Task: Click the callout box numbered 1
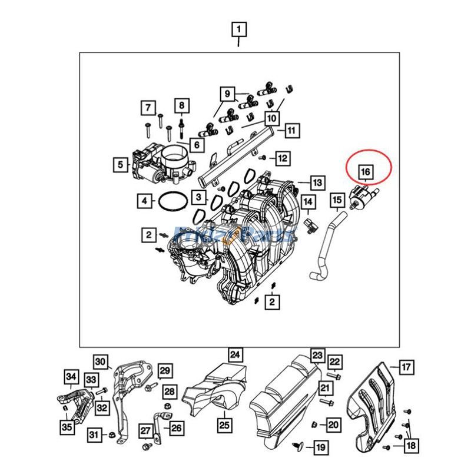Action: tap(238, 28)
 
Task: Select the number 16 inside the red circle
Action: tap(365, 171)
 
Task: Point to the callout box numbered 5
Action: tap(121, 165)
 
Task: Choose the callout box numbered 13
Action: tap(317, 183)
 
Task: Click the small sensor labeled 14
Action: tap(310, 223)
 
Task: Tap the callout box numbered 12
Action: tap(284, 158)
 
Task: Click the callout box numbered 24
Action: tap(235, 355)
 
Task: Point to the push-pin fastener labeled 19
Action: tap(298, 446)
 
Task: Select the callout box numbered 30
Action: tap(101, 361)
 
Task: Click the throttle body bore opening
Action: tap(175, 158)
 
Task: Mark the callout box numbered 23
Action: tap(317, 355)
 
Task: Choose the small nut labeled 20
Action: tap(315, 423)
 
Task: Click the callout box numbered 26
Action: tap(177, 428)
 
